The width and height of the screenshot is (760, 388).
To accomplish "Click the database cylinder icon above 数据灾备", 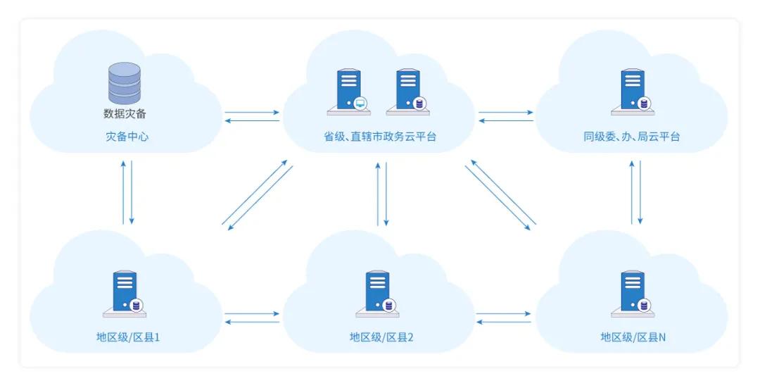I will tap(124, 82).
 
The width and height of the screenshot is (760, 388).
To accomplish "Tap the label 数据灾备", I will tap(124, 113).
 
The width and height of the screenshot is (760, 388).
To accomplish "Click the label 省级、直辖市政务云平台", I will tap(380, 137).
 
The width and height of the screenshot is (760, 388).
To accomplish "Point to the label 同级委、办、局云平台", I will tap(631, 137).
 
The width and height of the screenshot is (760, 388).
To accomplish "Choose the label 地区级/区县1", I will tap(128, 337).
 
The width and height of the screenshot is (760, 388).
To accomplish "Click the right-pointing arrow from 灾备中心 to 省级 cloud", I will tap(252, 112).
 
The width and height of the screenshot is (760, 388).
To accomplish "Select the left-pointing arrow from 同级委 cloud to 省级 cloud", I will tap(505, 121).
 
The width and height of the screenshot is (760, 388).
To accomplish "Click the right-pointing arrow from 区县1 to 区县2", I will tap(252, 313).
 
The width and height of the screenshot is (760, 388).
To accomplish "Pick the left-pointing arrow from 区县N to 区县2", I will tap(504, 322).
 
